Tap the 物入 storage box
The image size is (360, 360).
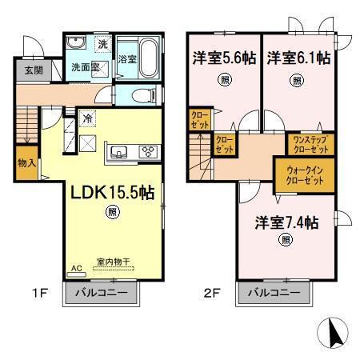point(26,162)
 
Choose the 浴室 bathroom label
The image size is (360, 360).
point(128,58)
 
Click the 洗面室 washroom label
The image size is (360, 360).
point(84,68)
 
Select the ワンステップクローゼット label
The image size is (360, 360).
point(308,144)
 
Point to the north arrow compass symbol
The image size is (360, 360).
point(334,331)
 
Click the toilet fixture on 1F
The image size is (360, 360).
point(142,96)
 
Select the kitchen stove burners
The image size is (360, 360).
point(148,151)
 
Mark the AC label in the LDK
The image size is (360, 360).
point(77,270)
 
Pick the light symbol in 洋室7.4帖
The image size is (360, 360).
point(285,240)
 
